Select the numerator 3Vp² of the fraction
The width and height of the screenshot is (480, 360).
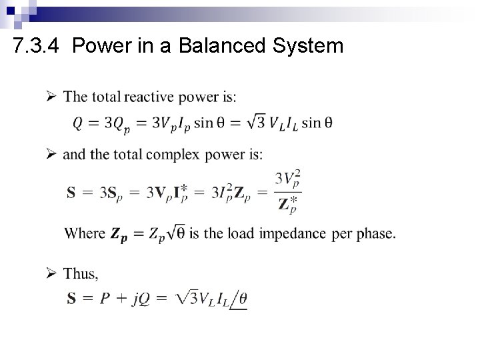point(288,180)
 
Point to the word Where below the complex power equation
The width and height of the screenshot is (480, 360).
point(85,233)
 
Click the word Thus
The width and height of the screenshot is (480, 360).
point(81,273)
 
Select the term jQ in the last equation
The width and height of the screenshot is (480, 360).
point(140,299)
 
